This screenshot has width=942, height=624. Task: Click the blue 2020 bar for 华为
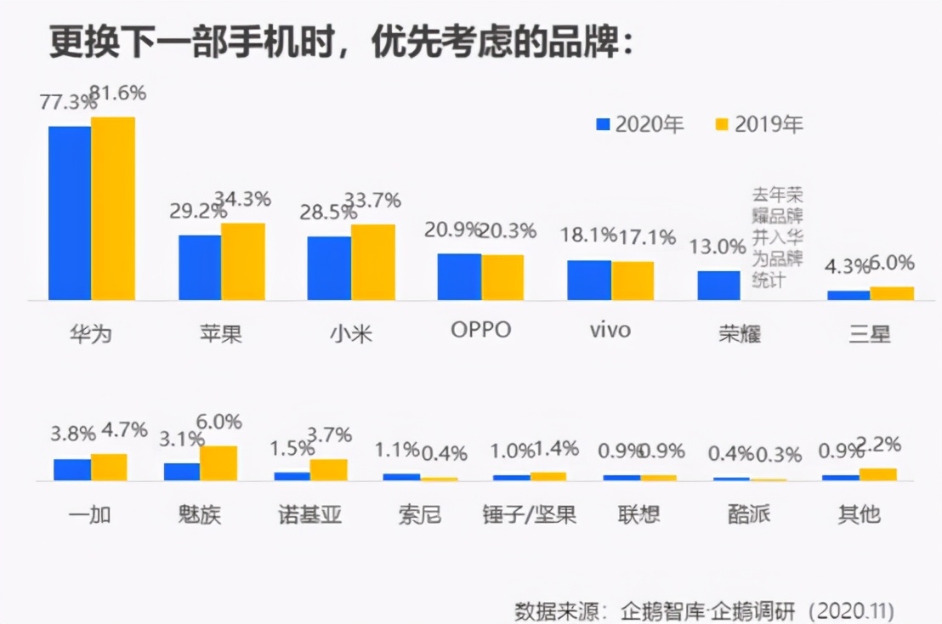[70, 213]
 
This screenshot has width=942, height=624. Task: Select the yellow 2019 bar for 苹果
[243, 262]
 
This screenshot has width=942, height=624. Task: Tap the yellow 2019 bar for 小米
[372, 263]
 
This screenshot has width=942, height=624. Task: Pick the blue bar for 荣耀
[718, 286]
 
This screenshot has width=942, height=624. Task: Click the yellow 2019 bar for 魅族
[218, 463]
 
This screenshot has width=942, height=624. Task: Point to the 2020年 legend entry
[640, 124]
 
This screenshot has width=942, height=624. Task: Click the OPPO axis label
[480, 330]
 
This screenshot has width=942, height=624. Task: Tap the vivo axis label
[610, 330]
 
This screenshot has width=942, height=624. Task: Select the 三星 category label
[870, 332]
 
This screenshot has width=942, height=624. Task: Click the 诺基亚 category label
[309, 515]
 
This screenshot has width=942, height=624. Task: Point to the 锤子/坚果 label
[528, 515]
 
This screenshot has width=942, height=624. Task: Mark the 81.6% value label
[118, 93]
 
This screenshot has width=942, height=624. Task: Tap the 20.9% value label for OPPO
[451, 230]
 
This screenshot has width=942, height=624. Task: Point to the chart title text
[340, 43]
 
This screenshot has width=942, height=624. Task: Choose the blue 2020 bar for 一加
[72, 470]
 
